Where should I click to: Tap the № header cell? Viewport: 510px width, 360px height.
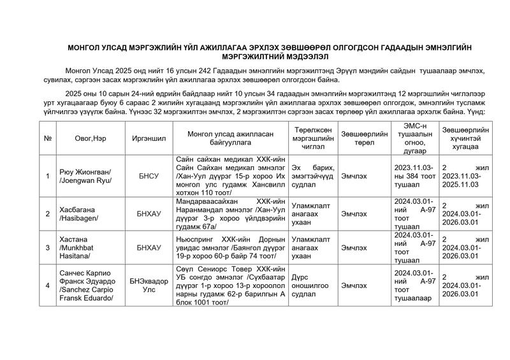click(x=48, y=138)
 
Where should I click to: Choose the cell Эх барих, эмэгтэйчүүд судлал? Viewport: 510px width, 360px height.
click(x=310, y=176)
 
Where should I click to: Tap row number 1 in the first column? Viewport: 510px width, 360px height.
click(x=48, y=176)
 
